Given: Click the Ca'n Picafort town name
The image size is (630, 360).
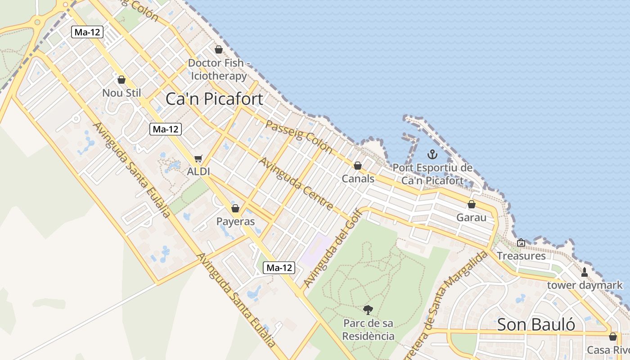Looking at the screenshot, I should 214,99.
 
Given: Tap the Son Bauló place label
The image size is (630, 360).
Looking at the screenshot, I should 536,324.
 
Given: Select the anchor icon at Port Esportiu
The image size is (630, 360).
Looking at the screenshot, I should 432,154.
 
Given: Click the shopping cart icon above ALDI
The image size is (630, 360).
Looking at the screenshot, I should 198,159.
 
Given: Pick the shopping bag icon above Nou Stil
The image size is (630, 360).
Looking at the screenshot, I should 121,80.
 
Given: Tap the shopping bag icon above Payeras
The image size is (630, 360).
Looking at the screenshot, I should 235,208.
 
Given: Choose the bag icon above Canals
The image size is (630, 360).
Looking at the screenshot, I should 358,166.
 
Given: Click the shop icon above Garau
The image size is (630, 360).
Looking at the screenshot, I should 471,205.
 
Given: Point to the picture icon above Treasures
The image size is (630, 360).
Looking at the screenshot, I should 521,243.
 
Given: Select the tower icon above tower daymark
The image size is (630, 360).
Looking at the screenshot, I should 584,272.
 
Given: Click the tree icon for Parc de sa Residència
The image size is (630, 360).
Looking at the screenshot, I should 368,310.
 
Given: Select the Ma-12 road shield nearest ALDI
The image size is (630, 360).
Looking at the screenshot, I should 166,130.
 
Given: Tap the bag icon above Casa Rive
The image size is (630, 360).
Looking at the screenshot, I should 612,337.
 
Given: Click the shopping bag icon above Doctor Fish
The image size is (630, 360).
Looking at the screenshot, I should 219,49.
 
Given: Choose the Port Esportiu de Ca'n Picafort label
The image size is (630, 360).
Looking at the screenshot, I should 432,174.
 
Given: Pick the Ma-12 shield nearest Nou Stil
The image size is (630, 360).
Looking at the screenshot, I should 87,32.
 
